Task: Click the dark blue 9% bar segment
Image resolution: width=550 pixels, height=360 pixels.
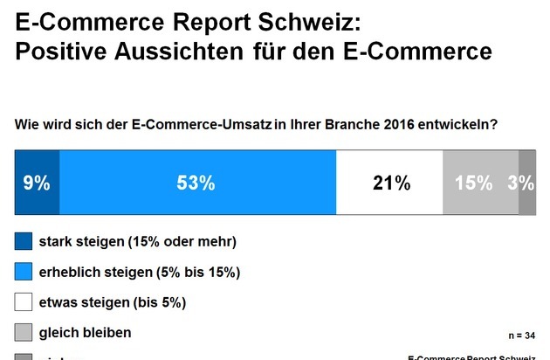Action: click(37, 183)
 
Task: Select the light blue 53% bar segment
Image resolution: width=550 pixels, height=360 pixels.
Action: click(197, 183)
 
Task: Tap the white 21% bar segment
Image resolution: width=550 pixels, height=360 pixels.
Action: click(390, 183)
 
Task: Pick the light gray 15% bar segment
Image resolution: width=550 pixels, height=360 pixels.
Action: click(481, 183)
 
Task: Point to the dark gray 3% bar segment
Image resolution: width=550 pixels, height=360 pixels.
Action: click(527, 183)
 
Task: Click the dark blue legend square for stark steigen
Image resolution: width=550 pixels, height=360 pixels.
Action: click(24, 241)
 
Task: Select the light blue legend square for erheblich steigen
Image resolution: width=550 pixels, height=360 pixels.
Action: click(24, 272)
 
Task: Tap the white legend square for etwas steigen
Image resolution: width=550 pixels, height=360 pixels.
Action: click(24, 302)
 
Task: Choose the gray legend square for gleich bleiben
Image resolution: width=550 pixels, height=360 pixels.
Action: click(24, 333)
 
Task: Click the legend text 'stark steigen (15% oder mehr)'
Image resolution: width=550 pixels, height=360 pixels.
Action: click(138, 241)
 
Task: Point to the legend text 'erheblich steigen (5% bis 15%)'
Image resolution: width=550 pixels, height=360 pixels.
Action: click(140, 272)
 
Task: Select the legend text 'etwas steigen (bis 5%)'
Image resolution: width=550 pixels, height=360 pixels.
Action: click(113, 302)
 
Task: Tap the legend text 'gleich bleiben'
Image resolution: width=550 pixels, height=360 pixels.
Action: click(86, 333)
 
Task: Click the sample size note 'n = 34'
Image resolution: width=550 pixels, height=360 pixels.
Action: click(521, 336)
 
